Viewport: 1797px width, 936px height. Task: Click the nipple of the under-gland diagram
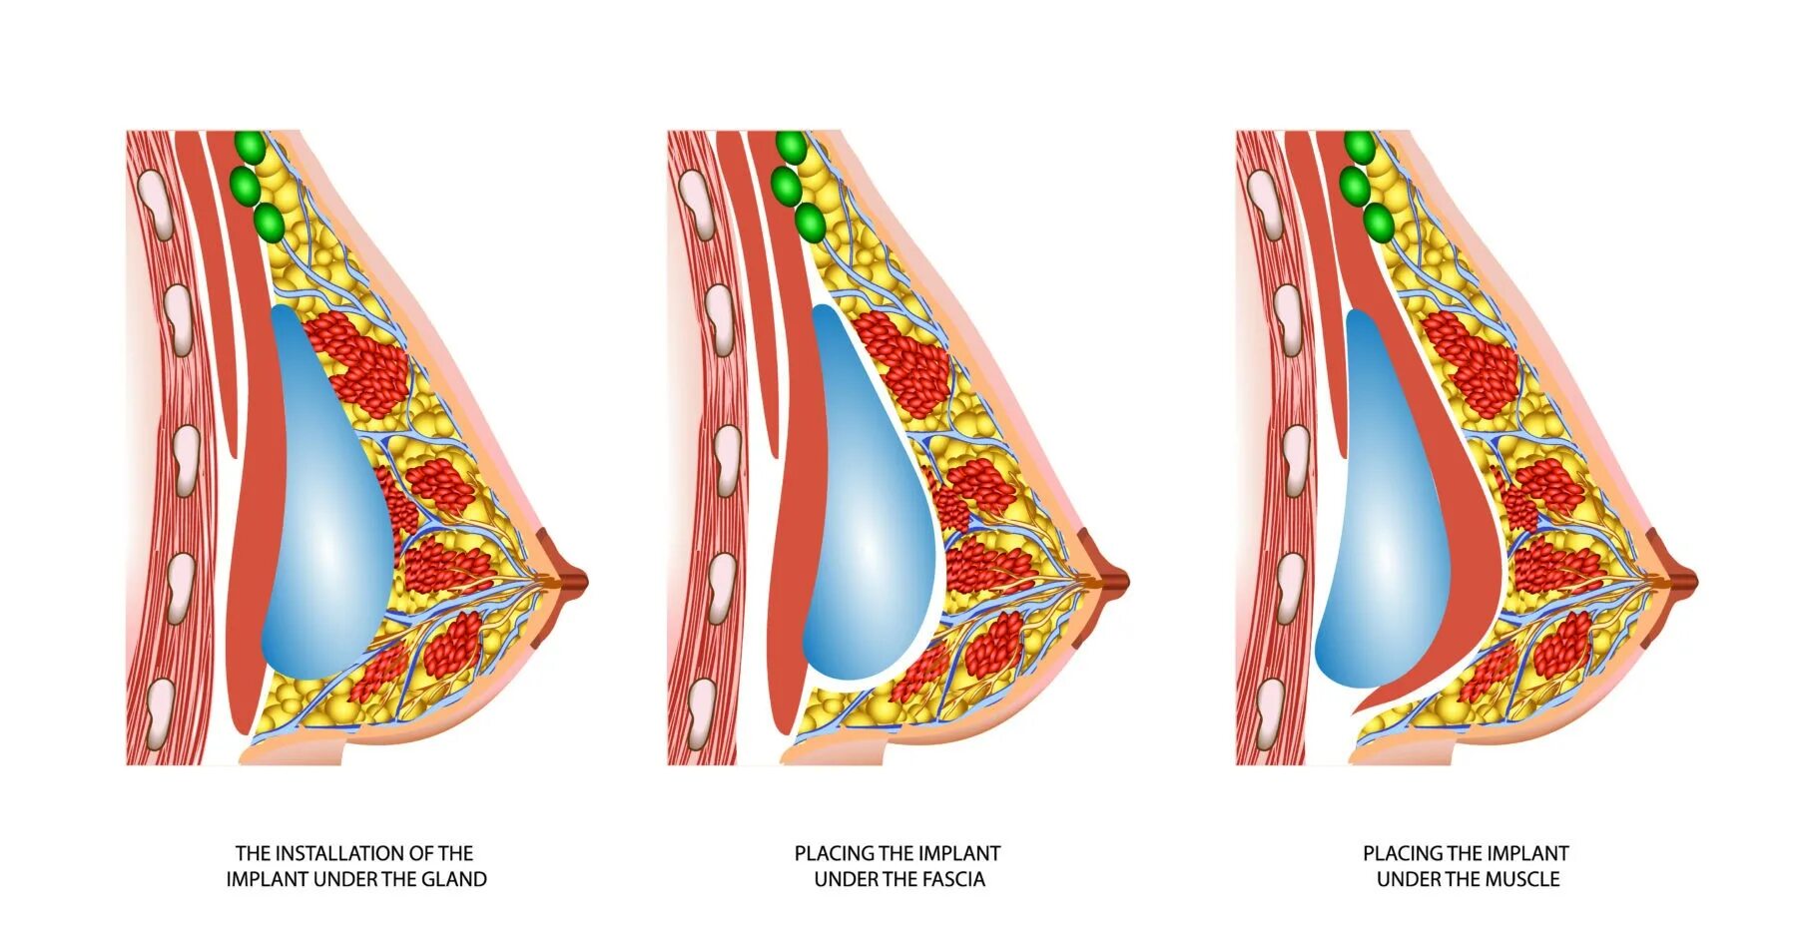(x=573, y=580)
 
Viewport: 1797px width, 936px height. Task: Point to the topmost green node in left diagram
(x=250, y=148)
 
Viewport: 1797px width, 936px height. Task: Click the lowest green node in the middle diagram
(x=811, y=222)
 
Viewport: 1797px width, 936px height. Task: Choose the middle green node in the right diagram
(x=1355, y=185)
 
